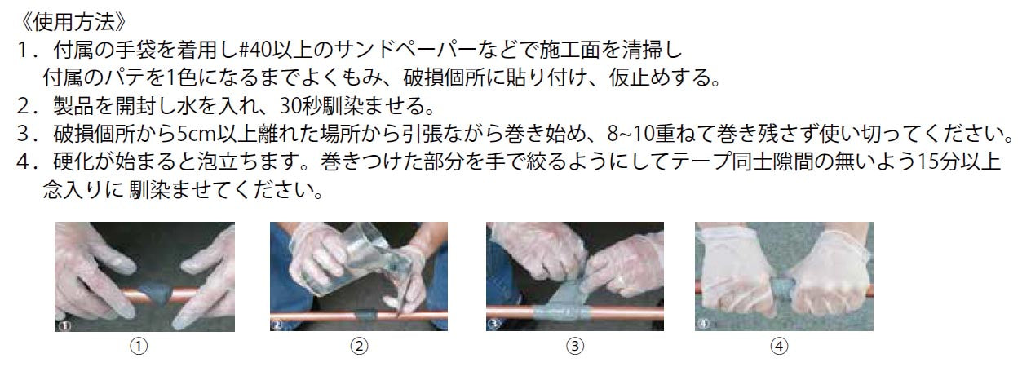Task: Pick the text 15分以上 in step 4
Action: tap(963, 162)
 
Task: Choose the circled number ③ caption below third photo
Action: tap(575, 347)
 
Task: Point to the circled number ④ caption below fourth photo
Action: tap(779, 347)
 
